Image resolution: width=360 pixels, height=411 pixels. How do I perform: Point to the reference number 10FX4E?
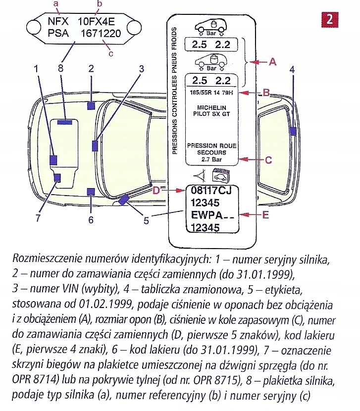point(98,21)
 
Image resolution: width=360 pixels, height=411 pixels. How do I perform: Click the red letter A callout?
point(271,62)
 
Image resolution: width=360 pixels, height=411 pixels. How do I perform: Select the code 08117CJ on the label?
point(212,191)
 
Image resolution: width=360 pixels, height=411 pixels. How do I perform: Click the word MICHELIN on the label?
point(211,107)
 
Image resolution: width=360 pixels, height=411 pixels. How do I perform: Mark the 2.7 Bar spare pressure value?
point(211,159)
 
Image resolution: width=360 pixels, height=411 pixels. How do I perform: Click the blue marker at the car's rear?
point(293,131)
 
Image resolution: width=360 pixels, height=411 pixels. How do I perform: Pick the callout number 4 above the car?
point(292,69)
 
